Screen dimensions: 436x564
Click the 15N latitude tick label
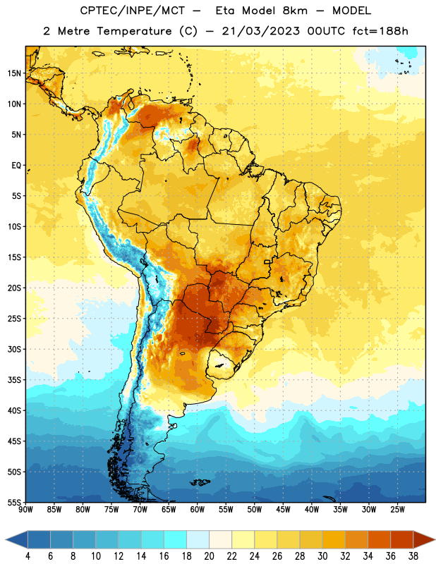click(x=14, y=73)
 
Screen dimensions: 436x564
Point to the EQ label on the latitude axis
click(x=16, y=166)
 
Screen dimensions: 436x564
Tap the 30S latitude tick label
click(x=14, y=349)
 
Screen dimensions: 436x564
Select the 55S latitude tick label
click(x=14, y=503)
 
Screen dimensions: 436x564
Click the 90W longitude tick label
click(x=25, y=510)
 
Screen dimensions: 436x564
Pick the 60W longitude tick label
click(x=198, y=510)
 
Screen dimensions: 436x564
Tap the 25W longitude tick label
click(x=397, y=510)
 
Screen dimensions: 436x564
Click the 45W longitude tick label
click(x=283, y=510)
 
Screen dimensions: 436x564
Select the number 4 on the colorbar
click(x=28, y=556)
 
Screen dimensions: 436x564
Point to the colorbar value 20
click(x=209, y=556)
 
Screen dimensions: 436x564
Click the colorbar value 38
click(x=413, y=556)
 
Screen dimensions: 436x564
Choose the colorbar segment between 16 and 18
click(x=176, y=540)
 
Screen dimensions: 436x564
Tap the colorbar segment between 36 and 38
click(x=402, y=540)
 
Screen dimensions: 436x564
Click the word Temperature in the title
click(x=134, y=31)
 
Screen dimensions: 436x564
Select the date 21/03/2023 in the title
click(x=260, y=31)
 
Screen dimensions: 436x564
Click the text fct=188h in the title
click(x=380, y=31)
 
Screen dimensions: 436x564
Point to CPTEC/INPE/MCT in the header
click(x=133, y=11)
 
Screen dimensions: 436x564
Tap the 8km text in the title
click(x=295, y=11)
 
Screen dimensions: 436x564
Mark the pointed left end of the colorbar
click(x=6, y=540)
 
